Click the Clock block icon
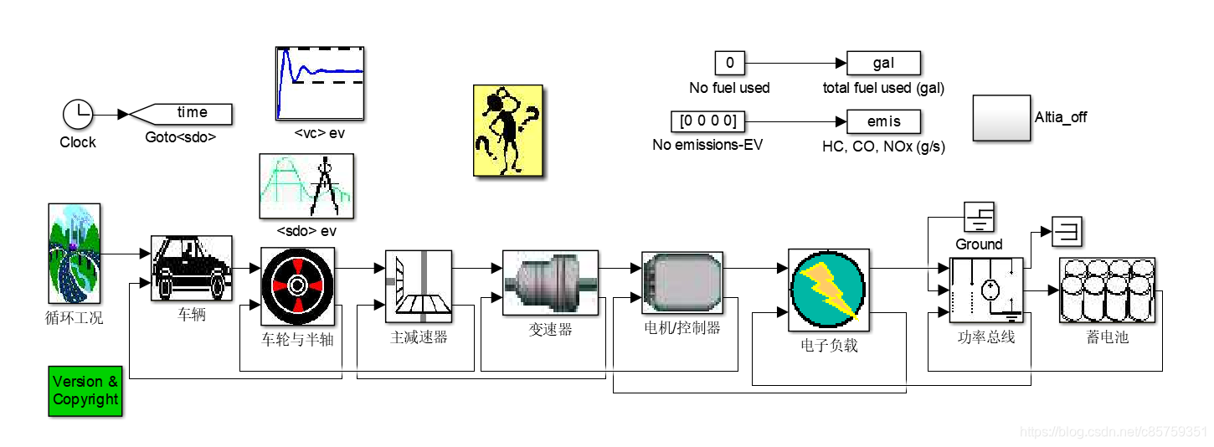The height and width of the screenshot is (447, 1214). click(78, 114)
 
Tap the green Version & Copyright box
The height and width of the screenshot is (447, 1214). click(85, 391)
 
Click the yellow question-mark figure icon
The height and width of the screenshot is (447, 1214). click(508, 130)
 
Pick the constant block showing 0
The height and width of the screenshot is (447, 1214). click(729, 63)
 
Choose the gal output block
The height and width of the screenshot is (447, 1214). click(883, 63)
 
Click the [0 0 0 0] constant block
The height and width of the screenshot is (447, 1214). click(707, 121)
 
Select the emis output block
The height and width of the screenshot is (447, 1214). click(883, 122)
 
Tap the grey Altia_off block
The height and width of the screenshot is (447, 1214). click(1001, 117)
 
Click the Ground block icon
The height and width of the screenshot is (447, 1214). click(979, 218)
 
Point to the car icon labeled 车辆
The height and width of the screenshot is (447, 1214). click(192, 268)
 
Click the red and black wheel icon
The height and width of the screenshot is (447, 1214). click(297, 285)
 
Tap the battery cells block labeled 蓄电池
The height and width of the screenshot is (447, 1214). click(1106, 290)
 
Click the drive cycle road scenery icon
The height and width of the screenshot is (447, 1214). click(74, 253)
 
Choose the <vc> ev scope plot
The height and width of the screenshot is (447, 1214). click(320, 83)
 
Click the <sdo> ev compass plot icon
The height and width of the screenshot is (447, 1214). click(306, 185)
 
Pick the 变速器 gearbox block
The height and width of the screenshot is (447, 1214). click(550, 282)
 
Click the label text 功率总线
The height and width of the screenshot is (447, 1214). click(986, 338)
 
